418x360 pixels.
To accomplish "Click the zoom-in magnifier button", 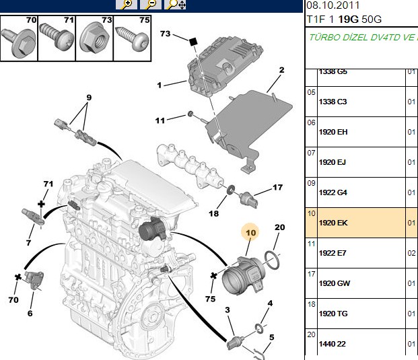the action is (127, 4).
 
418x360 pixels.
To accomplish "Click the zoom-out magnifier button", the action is (151, 4).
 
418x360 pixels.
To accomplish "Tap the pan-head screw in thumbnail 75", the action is (133, 38).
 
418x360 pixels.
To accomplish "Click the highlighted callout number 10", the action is (250, 233).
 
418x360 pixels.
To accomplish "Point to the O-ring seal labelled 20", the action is (272, 260).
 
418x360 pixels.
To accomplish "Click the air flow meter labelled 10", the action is (244, 275).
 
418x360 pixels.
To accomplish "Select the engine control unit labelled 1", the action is (225, 68).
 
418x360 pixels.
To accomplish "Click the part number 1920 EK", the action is (333, 223).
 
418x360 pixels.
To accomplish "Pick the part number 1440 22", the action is (332, 344).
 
